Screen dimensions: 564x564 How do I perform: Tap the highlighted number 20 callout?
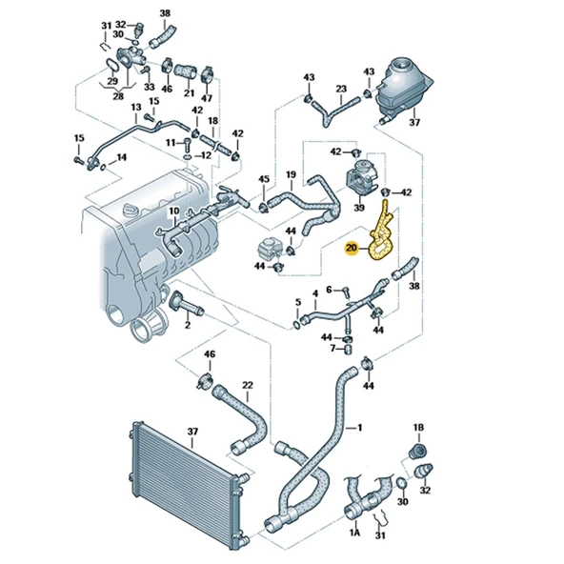pos(352,249)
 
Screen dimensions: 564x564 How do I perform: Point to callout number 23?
pos(340,89)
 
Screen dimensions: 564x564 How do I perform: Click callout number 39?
pos(360,207)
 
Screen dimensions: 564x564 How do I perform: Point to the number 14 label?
pos(121,157)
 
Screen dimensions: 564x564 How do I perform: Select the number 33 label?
pos(149,87)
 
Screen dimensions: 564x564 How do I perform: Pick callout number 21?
pos(188,95)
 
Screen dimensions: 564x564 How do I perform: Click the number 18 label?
pos(213,121)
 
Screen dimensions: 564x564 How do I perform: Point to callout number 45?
pos(264,179)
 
